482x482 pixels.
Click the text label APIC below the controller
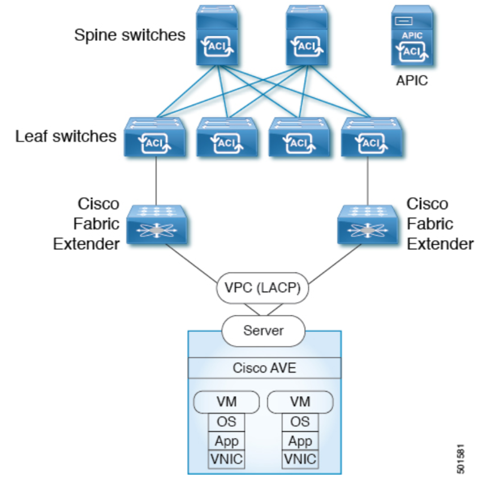(x=412, y=80)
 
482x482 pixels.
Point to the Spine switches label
(x=130, y=35)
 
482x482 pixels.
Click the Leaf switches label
(x=66, y=136)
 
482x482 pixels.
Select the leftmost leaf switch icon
(x=154, y=137)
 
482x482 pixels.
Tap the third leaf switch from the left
(x=298, y=137)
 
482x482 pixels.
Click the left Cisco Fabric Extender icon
(x=154, y=224)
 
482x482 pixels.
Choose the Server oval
(x=263, y=329)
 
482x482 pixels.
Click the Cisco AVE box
(x=264, y=368)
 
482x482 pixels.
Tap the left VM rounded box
(x=226, y=402)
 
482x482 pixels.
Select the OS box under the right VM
(x=300, y=422)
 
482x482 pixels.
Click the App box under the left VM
(x=226, y=441)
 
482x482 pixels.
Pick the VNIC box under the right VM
(x=300, y=459)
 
